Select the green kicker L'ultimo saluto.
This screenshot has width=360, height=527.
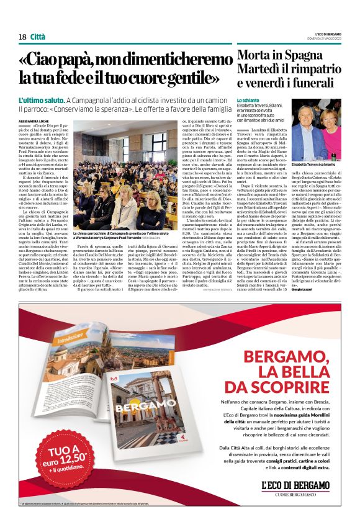tap(41, 99)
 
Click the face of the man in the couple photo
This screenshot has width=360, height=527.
tap(309, 121)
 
